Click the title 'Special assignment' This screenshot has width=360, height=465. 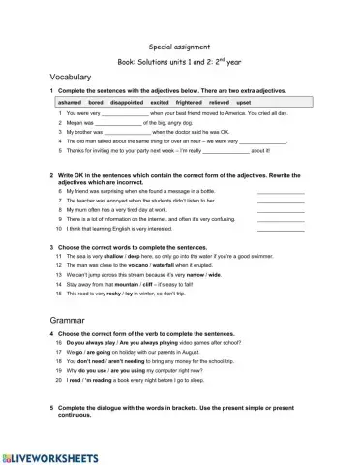click(x=180, y=46)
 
